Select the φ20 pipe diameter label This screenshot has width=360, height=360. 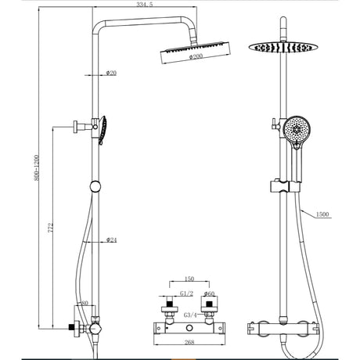111,74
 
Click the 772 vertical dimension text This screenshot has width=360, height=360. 49,227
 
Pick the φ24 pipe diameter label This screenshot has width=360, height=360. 111,239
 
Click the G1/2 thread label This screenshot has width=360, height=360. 185,293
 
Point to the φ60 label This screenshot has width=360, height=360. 209,293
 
